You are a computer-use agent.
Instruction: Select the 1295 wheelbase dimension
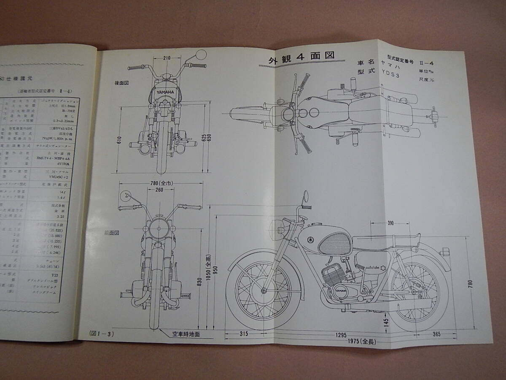(343, 334)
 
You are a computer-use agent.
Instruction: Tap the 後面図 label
(123, 83)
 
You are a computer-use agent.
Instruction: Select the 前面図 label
(123, 231)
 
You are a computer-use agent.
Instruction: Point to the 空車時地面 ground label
(186, 334)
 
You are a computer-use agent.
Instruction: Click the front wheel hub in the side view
(264, 290)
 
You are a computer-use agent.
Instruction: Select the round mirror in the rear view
(201, 55)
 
